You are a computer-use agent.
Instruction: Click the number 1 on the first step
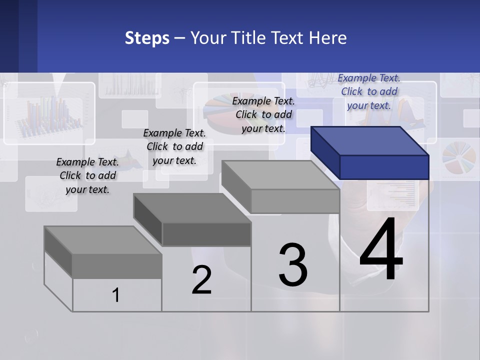116,295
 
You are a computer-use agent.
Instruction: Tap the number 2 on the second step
201,280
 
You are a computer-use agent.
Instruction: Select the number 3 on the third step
293,265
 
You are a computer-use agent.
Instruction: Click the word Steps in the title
147,38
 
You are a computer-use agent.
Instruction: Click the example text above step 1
87,175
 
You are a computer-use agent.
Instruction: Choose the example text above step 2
174,146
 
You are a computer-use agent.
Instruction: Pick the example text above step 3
263,114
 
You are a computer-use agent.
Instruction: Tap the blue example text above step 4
369,91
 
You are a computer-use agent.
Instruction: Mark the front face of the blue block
384,167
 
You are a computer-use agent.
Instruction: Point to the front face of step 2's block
206,234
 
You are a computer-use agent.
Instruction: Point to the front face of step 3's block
295,201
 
